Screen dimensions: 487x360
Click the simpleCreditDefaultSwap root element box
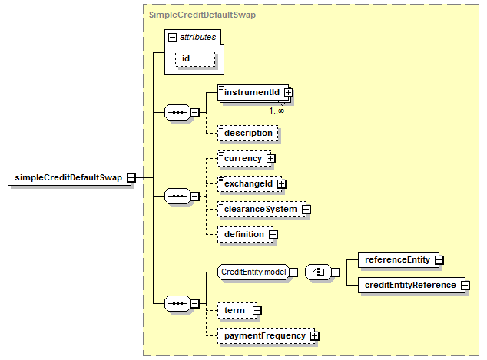[x=70, y=177]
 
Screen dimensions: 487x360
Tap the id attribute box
[x=195, y=58]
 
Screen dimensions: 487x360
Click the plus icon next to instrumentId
[x=289, y=92]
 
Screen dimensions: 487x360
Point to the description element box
[x=248, y=133]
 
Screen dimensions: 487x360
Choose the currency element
[x=244, y=159]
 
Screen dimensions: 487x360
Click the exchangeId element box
[x=250, y=184]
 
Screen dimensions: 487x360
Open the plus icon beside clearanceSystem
[x=306, y=210]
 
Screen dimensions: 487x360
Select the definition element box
[x=246, y=235]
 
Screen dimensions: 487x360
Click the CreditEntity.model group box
[x=253, y=272]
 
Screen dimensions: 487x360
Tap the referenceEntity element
[x=399, y=259]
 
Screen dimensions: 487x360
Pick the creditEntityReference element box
[x=412, y=286]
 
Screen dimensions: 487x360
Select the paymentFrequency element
[x=267, y=335]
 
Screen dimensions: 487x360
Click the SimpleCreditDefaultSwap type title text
[x=202, y=15]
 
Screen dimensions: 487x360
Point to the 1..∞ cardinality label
[x=277, y=111]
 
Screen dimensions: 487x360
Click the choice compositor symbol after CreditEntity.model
[x=318, y=272]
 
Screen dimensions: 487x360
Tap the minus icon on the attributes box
[x=172, y=38]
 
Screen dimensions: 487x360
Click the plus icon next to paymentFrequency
[x=315, y=335]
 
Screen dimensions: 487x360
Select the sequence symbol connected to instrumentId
[x=177, y=112]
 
